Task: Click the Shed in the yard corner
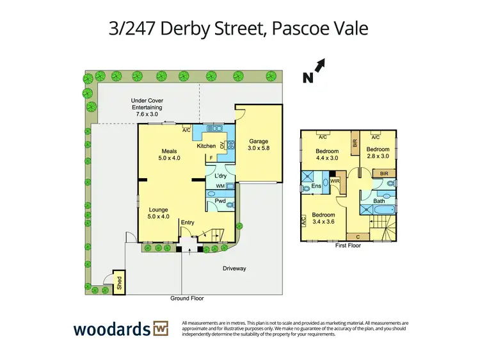[x=119, y=282]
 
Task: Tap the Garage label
[x=259, y=145]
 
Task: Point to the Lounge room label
[x=158, y=213]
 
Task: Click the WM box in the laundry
[x=220, y=186]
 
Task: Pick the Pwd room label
[x=220, y=201]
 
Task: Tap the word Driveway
[x=234, y=268]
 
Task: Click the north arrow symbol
[x=319, y=65]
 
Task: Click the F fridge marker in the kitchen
[x=211, y=156]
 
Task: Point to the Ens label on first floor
[x=316, y=186]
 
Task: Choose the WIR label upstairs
[x=335, y=181]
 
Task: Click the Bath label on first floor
[x=378, y=200]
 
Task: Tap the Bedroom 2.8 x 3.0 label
[x=377, y=152]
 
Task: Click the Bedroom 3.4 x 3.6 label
[x=324, y=218]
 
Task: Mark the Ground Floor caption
[x=187, y=299]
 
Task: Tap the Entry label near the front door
[x=188, y=222]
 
